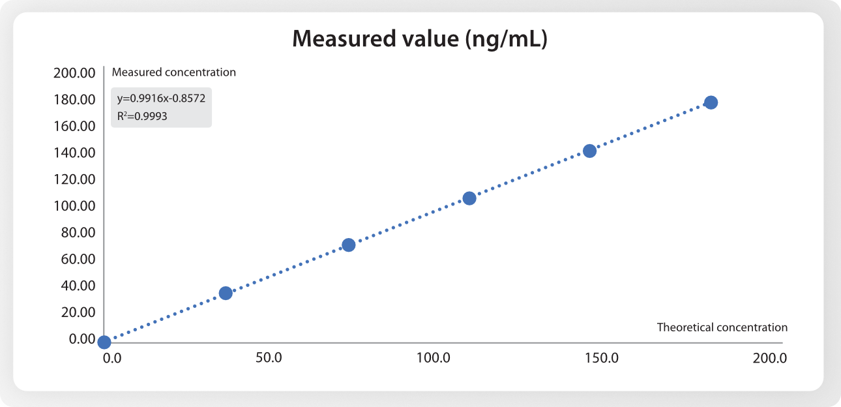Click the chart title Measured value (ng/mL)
(419, 39)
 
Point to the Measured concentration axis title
(174, 72)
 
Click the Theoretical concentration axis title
(722, 327)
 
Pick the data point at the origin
(104, 342)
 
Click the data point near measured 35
(226, 293)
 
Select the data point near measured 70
(348, 245)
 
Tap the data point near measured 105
(469, 198)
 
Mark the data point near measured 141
(589, 151)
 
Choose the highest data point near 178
(711, 102)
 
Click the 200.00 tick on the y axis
(74, 73)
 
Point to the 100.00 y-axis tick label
(74, 205)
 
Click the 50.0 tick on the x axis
(269, 358)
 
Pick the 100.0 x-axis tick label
(434, 358)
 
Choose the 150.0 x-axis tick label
(601, 358)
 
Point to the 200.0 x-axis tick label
(770, 358)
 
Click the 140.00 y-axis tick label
(74, 153)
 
